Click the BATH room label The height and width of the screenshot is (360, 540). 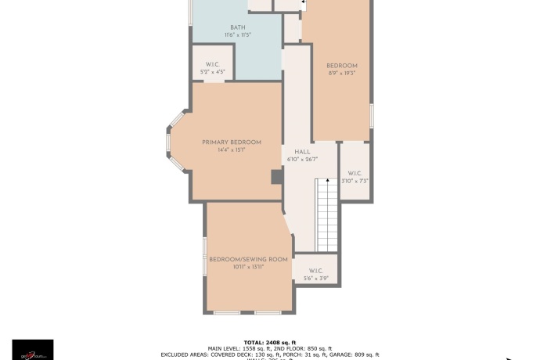coord(237,27)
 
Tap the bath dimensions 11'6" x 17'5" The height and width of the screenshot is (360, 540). coord(237,35)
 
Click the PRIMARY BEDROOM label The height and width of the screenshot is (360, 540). coord(232,142)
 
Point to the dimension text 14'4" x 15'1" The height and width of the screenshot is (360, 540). coord(232,149)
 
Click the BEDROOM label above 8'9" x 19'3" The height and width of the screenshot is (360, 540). coord(342,66)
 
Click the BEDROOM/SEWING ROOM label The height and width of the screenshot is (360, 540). coord(248,259)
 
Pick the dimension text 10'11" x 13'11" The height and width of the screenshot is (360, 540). coord(248,267)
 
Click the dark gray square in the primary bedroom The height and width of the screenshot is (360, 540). coord(276,178)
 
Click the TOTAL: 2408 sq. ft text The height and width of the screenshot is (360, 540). coord(270,342)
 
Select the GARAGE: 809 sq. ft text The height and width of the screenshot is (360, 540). coord(353,355)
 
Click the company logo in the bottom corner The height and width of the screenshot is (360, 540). coord(33,350)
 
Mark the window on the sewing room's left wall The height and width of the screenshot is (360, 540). coord(205,256)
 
